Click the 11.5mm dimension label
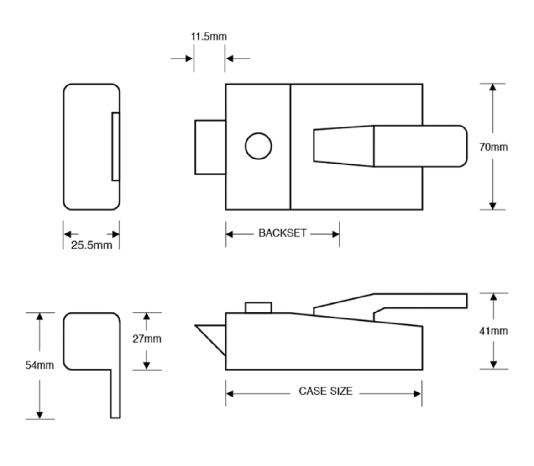[209, 37]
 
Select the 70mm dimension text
[493, 147]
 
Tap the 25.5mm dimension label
[91, 245]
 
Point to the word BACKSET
[283, 233]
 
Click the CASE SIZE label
[325, 392]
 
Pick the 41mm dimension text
[493, 331]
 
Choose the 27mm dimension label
[147, 339]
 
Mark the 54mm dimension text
[39, 365]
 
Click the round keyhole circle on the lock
[258, 146]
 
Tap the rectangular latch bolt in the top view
[210, 147]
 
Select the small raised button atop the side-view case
[258, 307]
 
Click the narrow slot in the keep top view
[115, 147]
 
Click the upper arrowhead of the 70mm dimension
[492, 87]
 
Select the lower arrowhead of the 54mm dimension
[40, 415]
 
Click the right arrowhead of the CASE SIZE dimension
[418, 394]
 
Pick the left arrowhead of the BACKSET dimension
[230, 234]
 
